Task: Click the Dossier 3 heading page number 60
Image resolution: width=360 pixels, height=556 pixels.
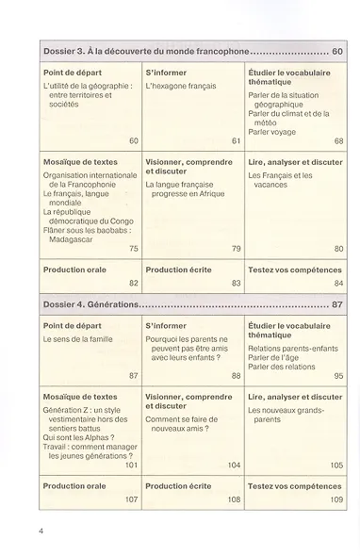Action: click(335, 53)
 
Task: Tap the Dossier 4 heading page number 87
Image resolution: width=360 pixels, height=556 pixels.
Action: click(335, 306)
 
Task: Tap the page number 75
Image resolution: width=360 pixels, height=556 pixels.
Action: click(133, 248)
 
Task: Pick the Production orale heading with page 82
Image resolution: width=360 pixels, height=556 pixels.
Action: click(74, 270)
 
